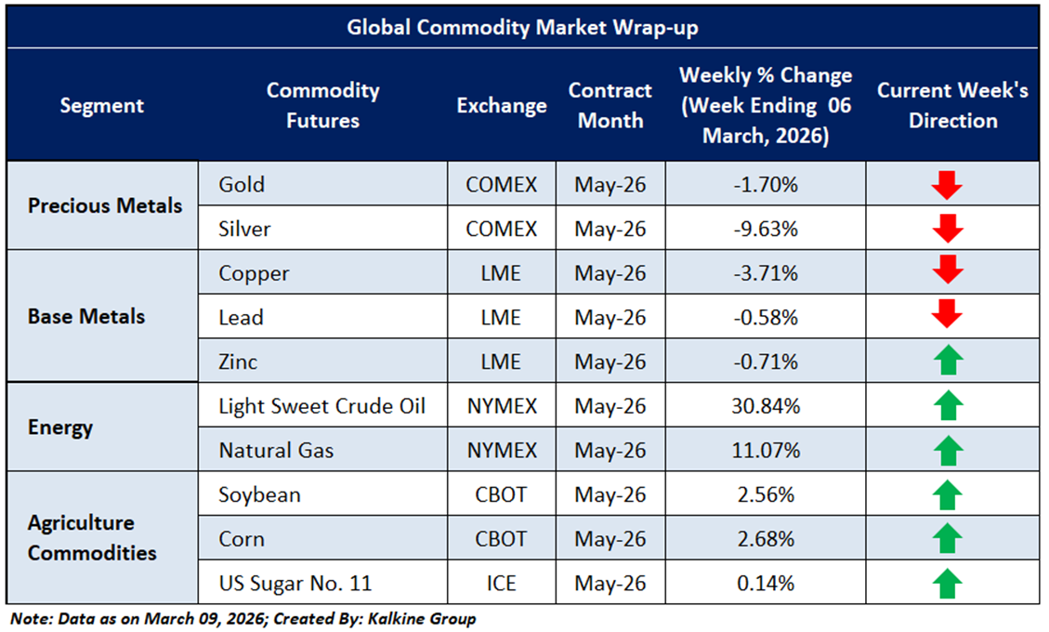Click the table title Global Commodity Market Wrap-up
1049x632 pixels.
click(x=522, y=27)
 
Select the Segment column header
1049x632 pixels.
click(x=102, y=106)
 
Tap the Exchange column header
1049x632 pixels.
click(x=502, y=106)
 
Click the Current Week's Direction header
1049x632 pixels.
click(x=952, y=106)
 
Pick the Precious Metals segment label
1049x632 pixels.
click(x=105, y=205)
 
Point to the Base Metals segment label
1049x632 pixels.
click(x=86, y=316)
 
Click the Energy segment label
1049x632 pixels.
click(x=60, y=428)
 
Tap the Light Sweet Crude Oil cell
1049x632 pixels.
click(x=322, y=406)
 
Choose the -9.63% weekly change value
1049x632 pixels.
click(x=765, y=228)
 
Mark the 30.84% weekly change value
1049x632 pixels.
click(x=765, y=406)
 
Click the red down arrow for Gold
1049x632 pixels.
click(x=947, y=185)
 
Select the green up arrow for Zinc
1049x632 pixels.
click(x=947, y=362)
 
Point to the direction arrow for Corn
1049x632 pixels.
click(x=947, y=539)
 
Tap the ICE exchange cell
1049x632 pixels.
click(x=502, y=584)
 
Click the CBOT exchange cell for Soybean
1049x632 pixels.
click(x=502, y=494)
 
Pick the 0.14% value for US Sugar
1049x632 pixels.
click(x=765, y=584)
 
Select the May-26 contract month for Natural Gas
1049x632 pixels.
click(x=610, y=451)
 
